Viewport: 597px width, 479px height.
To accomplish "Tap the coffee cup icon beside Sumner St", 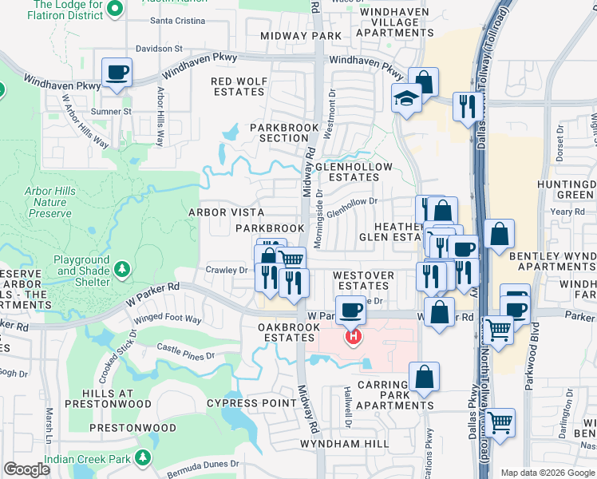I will pos(117,72).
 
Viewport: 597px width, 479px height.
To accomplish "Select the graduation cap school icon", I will pos(405,99).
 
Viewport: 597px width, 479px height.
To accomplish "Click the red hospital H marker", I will pos(352,338).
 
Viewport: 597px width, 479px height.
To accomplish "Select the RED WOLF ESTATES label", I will pos(238,86).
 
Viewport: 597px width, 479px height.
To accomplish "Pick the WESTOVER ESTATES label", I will pos(363,280).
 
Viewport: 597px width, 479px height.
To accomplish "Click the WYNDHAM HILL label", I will pos(334,443).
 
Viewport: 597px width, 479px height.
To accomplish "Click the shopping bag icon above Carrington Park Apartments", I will pos(424,377).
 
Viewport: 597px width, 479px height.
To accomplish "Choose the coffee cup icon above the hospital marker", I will pos(349,310).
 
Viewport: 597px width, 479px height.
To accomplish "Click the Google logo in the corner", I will pos(27,469).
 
